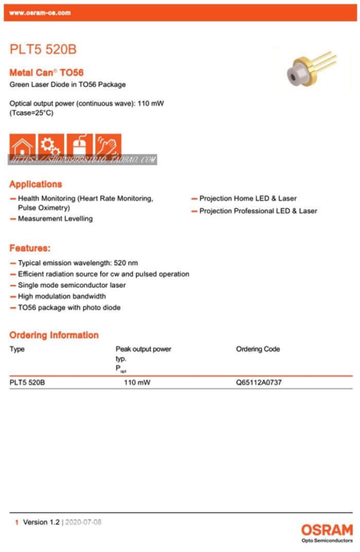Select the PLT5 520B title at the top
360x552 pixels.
[x=43, y=50]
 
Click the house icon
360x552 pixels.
[x=23, y=146]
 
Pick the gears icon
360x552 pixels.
[x=51, y=146]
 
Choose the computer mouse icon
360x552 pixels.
[x=80, y=146]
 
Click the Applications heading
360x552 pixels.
[x=35, y=184]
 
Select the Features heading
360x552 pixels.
[x=30, y=248]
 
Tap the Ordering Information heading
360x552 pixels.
[x=54, y=335]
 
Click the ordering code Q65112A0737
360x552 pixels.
[x=259, y=382]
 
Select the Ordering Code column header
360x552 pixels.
[x=258, y=349]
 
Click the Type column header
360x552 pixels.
[x=17, y=349]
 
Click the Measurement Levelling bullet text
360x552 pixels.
[x=55, y=218]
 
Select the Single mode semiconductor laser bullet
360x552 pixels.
[x=71, y=285]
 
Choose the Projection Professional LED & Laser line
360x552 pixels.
[x=258, y=211]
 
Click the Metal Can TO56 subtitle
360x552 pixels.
[x=46, y=73]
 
